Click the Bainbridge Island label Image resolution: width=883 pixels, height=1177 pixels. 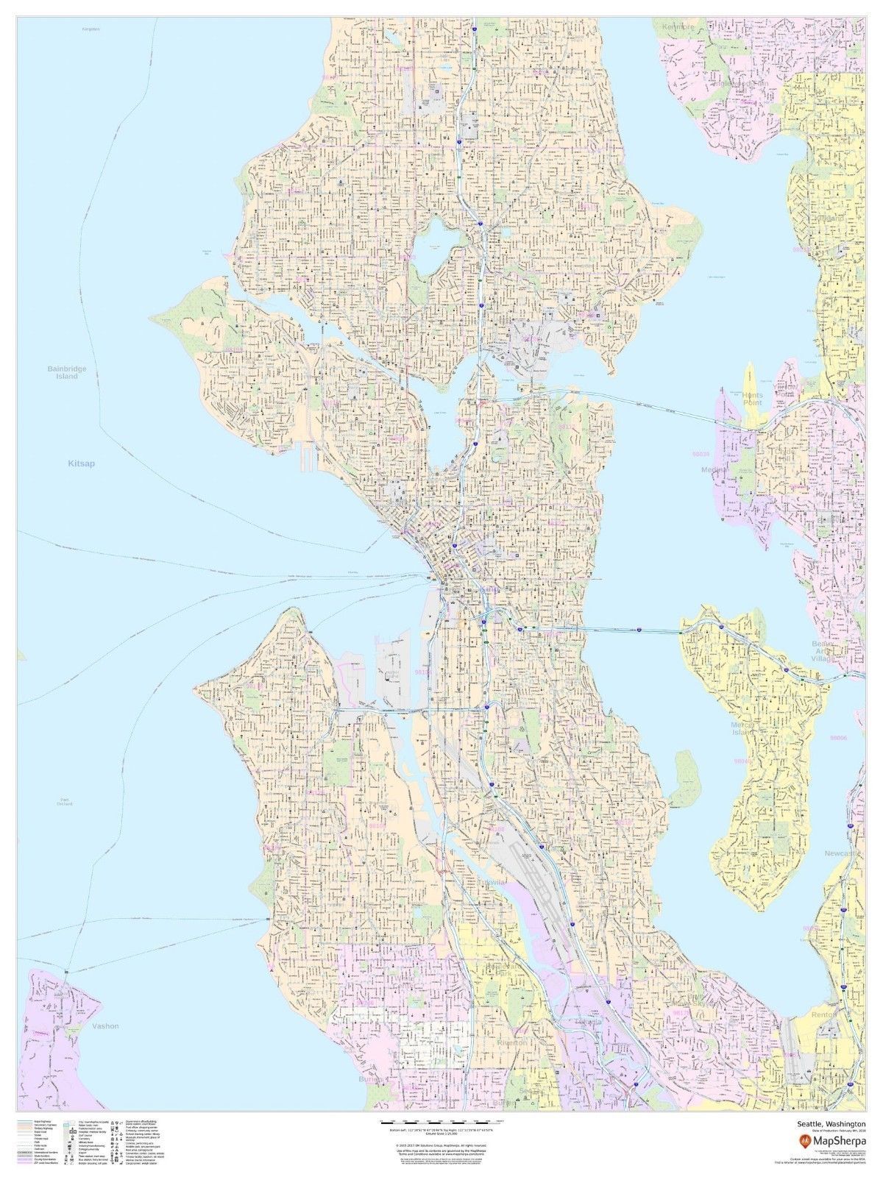click(x=63, y=372)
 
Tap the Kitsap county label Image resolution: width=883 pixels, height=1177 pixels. click(x=82, y=464)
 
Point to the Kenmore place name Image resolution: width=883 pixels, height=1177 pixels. click(x=678, y=26)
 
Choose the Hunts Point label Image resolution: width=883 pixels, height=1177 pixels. click(x=752, y=399)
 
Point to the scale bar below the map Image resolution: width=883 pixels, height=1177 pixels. click(x=441, y=1122)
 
